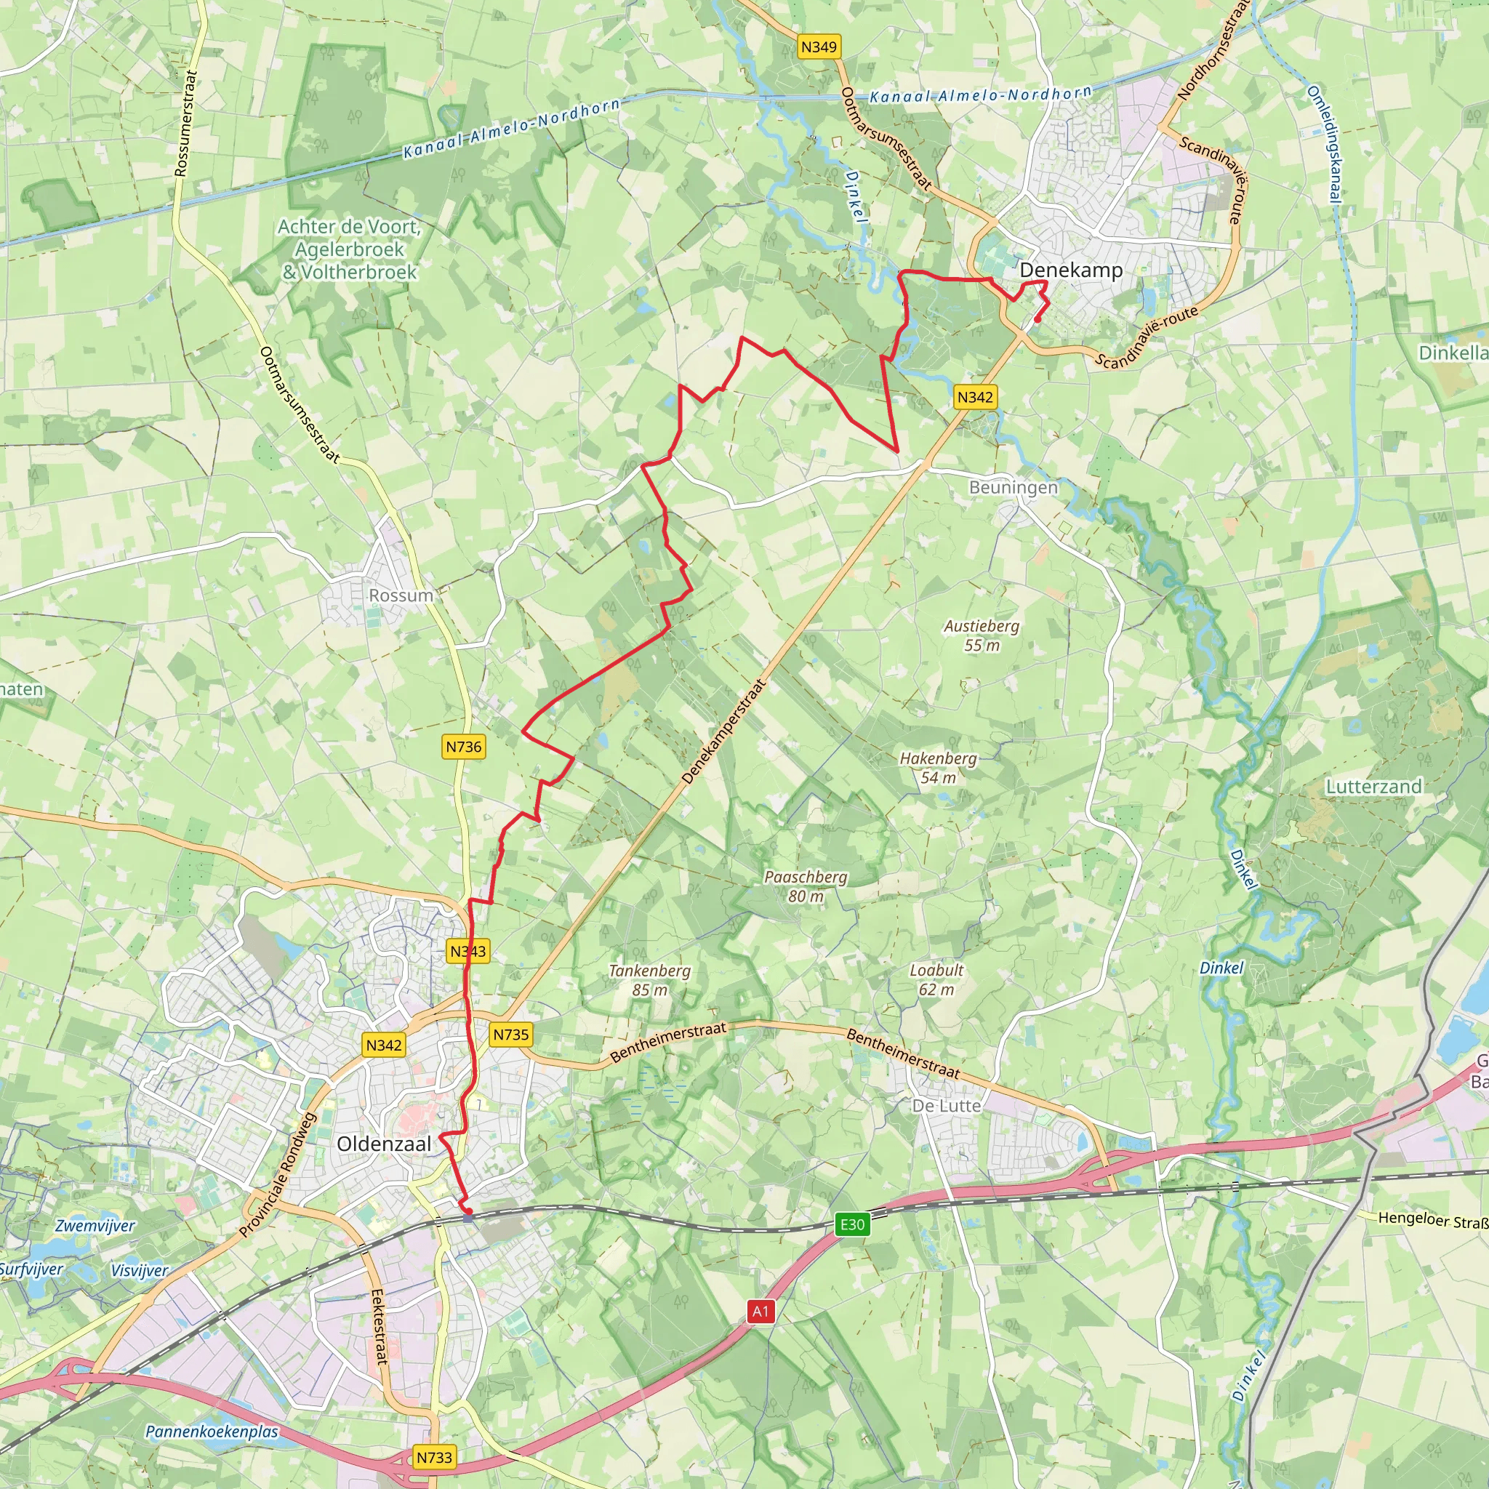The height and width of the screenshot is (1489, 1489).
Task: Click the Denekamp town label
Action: (1070, 270)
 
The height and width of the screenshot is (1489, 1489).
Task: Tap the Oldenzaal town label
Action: (384, 1144)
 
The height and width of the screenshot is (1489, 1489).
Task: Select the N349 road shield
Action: (819, 47)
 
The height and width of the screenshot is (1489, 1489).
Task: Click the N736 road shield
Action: (464, 746)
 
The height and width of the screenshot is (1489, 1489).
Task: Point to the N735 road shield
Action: (511, 1035)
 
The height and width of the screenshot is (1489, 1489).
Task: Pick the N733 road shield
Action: (434, 1458)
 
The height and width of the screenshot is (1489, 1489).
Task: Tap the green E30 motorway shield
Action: (852, 1224)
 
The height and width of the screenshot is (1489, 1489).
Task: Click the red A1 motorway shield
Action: (760, 1311)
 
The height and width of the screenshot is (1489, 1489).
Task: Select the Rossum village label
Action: (401, 595)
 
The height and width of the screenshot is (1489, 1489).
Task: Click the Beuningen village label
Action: (1013, 487)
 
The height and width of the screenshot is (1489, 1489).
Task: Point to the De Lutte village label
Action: (947, 1105)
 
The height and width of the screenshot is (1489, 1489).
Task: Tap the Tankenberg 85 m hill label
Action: (650, 980)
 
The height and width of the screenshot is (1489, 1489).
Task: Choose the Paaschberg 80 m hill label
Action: (806, 886)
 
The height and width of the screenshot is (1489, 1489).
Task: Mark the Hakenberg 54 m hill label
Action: (938, 768)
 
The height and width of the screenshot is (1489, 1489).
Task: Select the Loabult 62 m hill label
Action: (936, 979)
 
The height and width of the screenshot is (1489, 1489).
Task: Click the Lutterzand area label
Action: (1373, 786)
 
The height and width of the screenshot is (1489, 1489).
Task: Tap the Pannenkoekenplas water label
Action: (212, 1431)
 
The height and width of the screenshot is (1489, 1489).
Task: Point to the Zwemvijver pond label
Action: (95, 1225)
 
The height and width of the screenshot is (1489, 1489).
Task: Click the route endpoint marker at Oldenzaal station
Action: (467, 1219)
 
